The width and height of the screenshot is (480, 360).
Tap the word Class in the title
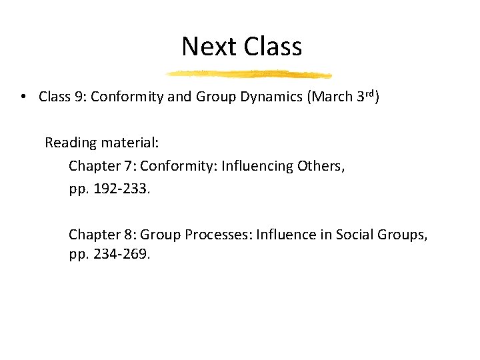[273, 47]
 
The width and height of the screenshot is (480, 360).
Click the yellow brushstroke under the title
[248, 74]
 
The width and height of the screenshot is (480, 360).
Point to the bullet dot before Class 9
[23, 97]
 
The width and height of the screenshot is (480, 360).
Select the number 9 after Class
[79, 97]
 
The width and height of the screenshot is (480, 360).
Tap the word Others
[321, 167]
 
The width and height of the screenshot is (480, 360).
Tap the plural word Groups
[402, 235]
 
